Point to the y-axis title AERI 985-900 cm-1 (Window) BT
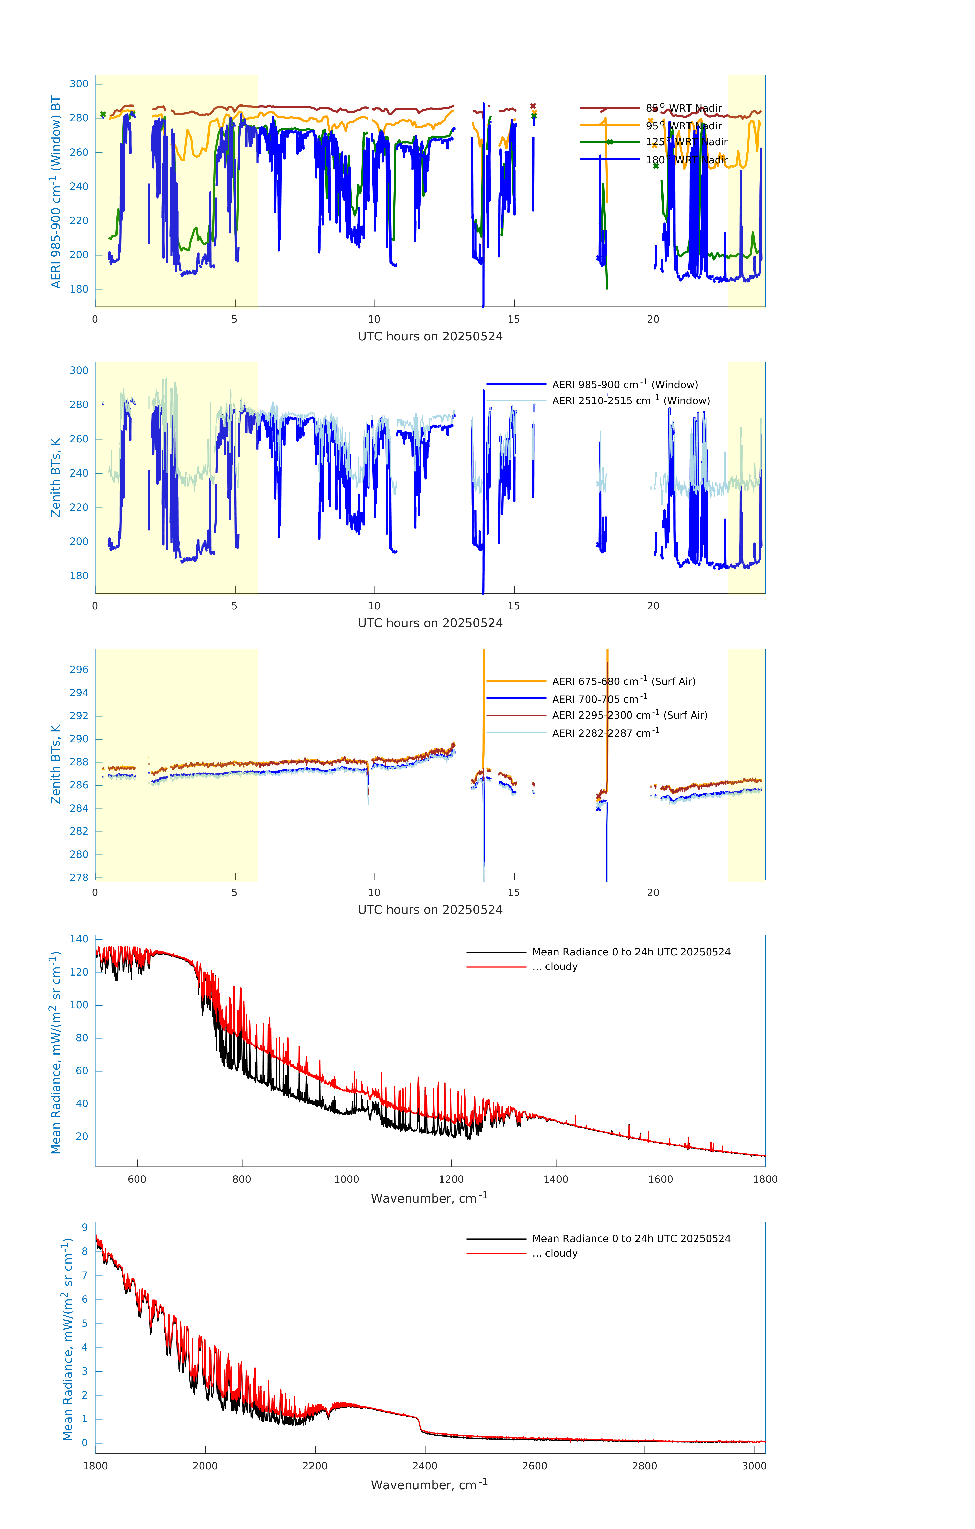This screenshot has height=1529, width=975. tap(56, 192)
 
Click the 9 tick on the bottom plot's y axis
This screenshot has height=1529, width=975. tap(84, 1227)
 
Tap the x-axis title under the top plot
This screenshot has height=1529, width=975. tap(430, 337)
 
